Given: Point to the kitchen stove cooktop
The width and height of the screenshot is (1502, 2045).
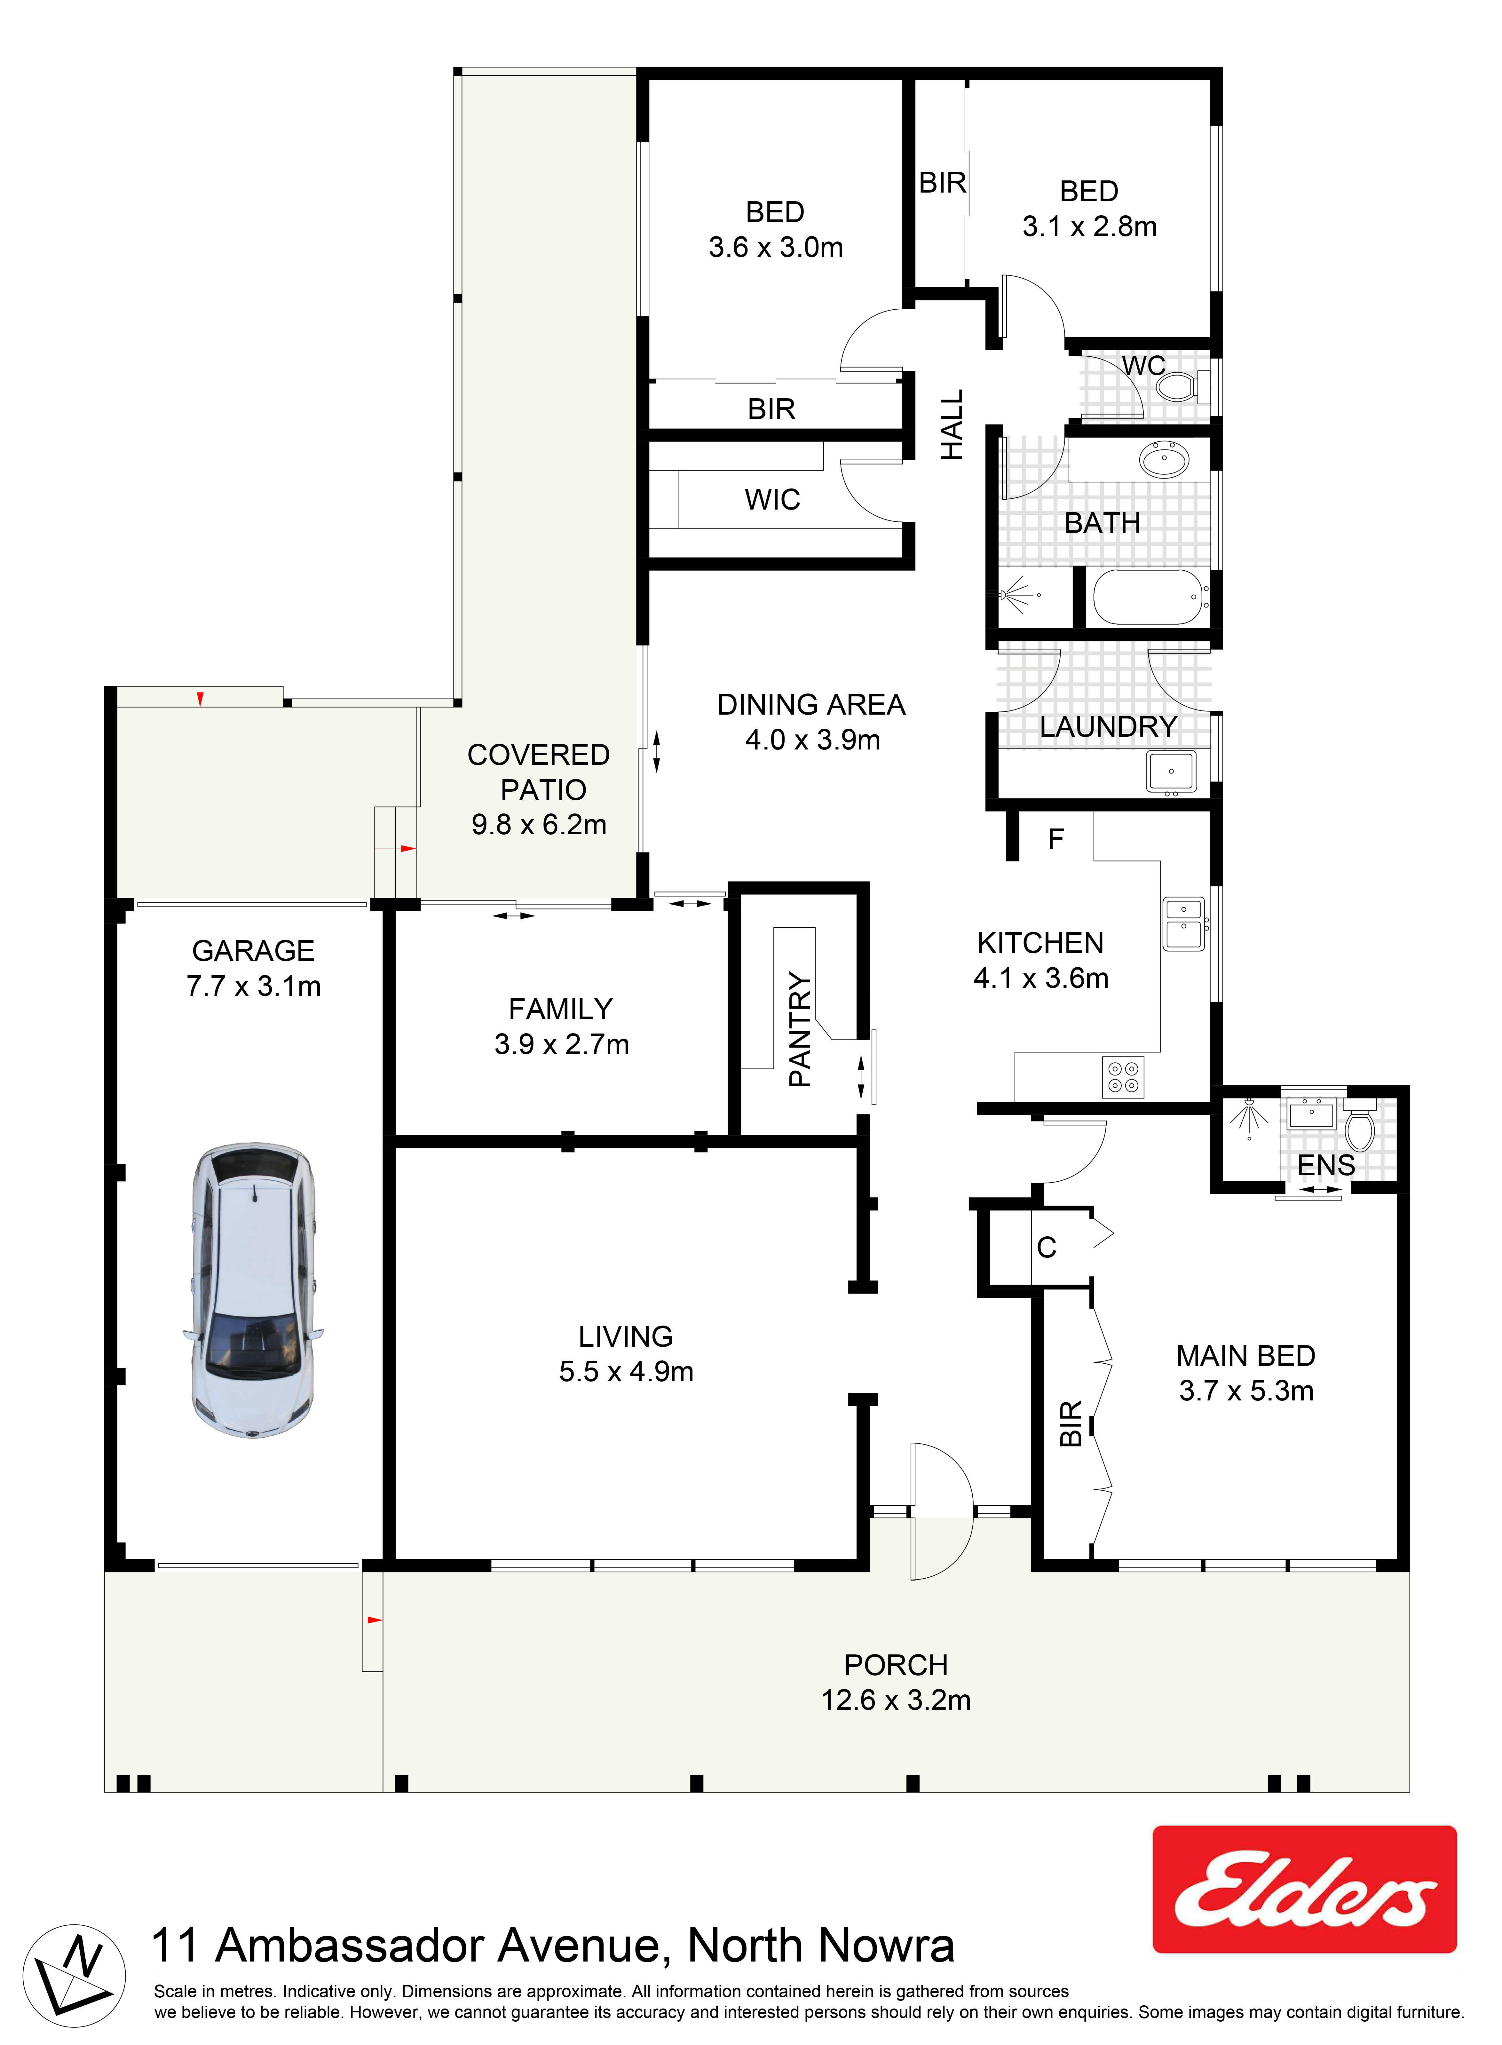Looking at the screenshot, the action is click(1123, 1077).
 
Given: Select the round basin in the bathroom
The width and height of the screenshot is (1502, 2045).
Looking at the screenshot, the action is click(1164, 460).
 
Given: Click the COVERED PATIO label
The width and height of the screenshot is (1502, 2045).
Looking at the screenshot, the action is click(538, 772).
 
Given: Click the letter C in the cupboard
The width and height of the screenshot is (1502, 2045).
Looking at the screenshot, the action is click(1047, 1248).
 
